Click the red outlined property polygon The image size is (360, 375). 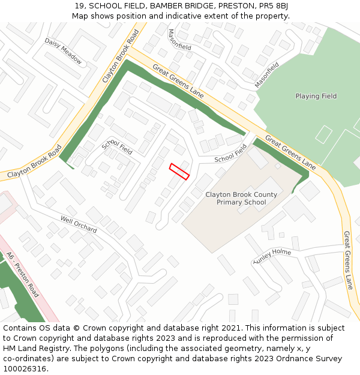[179, 171]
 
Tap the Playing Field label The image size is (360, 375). [316, 96]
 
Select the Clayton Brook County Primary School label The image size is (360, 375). [241, 199]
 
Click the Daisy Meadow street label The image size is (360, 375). [63, 51]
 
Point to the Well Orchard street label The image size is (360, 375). [78, 224]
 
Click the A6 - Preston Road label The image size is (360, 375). [23, 275]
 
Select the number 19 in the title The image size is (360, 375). [79, 6]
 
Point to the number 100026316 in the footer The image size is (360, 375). [24, 369]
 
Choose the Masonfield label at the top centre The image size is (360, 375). [179, 40]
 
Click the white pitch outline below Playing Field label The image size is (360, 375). [323, 134]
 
